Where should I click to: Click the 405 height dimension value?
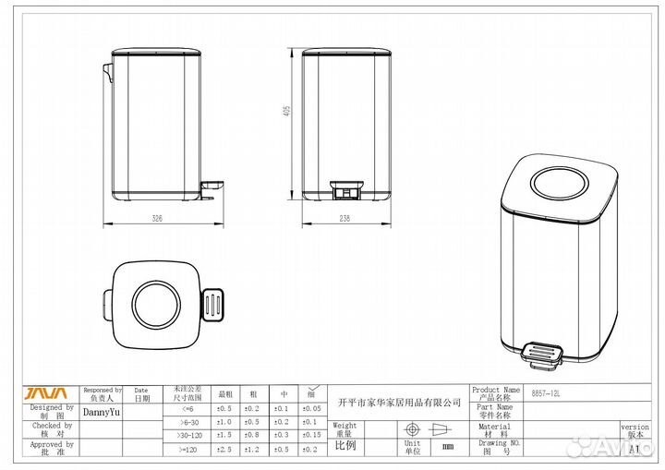coord(287,110)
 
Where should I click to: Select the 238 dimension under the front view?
coord(345,219)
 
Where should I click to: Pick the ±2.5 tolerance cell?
coord(224,449)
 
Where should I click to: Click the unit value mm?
coord(448,447)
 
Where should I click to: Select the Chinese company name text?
coord(399,403)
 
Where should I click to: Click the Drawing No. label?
coord(494,447)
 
